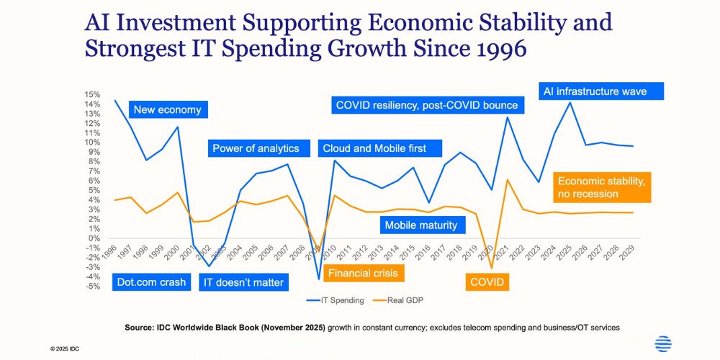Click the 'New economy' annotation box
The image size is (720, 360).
167,110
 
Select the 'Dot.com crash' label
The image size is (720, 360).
151,282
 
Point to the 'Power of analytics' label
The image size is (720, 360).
256,148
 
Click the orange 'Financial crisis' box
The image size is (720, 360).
361,274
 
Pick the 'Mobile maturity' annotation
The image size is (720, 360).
421,225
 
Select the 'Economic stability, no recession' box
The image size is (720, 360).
603,187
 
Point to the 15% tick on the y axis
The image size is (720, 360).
91,94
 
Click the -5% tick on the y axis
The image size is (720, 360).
91,287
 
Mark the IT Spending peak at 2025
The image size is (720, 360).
571,102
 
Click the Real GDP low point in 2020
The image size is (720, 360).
492,269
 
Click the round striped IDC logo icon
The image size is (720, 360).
663,344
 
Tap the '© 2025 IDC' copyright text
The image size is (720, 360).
65,348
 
